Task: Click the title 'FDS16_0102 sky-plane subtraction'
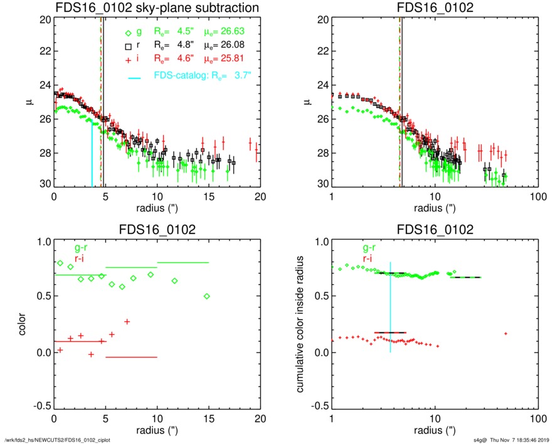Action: coord(157,8)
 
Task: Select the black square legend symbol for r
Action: coord(128,46)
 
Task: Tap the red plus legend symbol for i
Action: coord(128,59)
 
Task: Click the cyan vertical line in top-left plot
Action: coord(92,154)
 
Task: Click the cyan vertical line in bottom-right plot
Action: coord(390,307)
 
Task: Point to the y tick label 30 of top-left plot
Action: coord(45,185)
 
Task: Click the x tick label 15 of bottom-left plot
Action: coord(209,418)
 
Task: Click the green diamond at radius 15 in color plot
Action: coord(207,296)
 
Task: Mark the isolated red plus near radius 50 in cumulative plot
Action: coord(505,333)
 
